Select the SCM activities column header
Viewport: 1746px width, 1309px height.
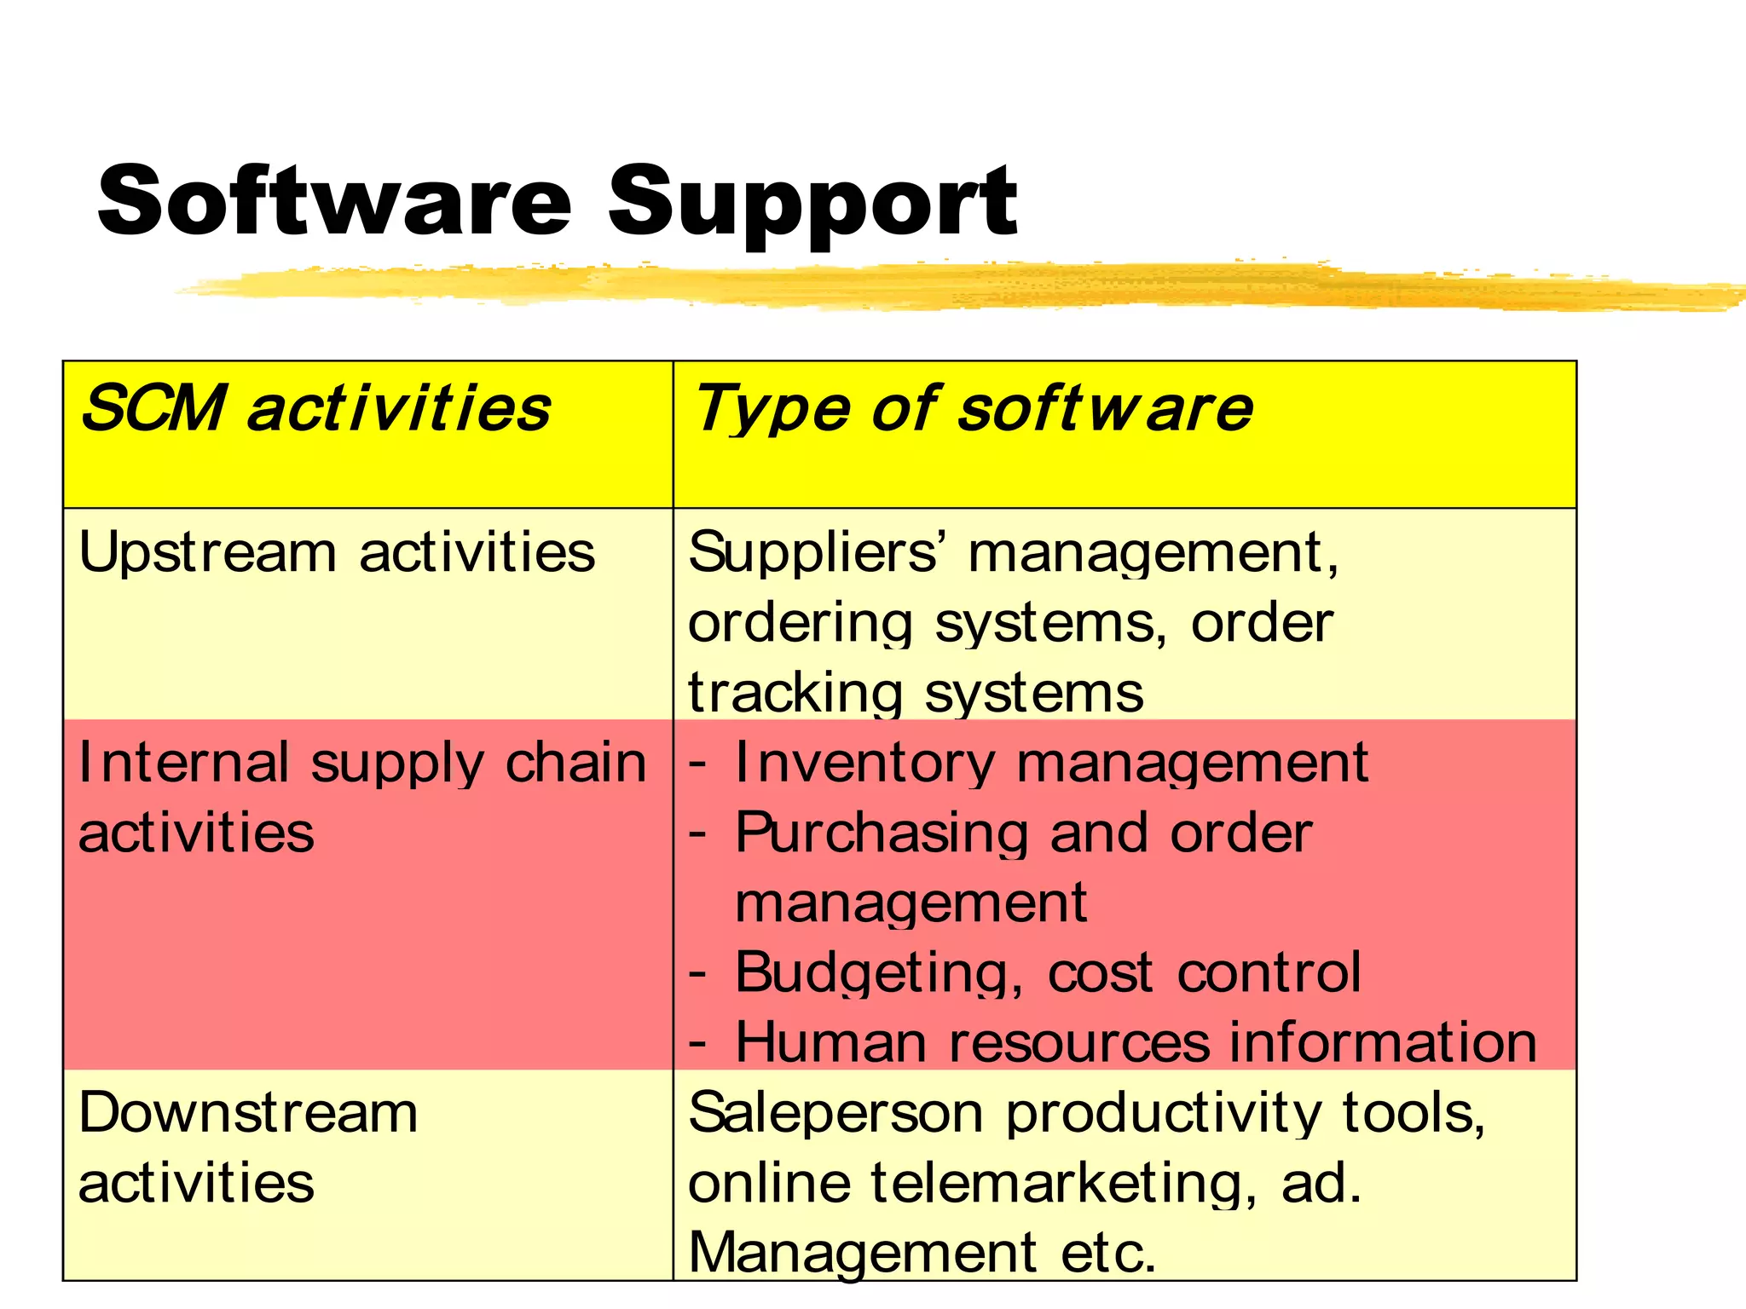pyautogui.click(x=315, y=408)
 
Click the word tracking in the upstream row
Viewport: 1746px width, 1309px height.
pyautogui.click(x=794, y=692)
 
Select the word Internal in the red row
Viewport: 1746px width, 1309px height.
pyautogui.click(x=183, y=762)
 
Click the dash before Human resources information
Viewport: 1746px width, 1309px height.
pyautogui.click(x=697, y=1042)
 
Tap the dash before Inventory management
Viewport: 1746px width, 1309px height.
pyautogui.click(x=697, y=763)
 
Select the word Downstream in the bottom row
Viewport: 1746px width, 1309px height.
pyautogui.click(x=248, y=1113)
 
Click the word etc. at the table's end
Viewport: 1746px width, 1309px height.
pyautogui.click(x=1108, y=1253)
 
